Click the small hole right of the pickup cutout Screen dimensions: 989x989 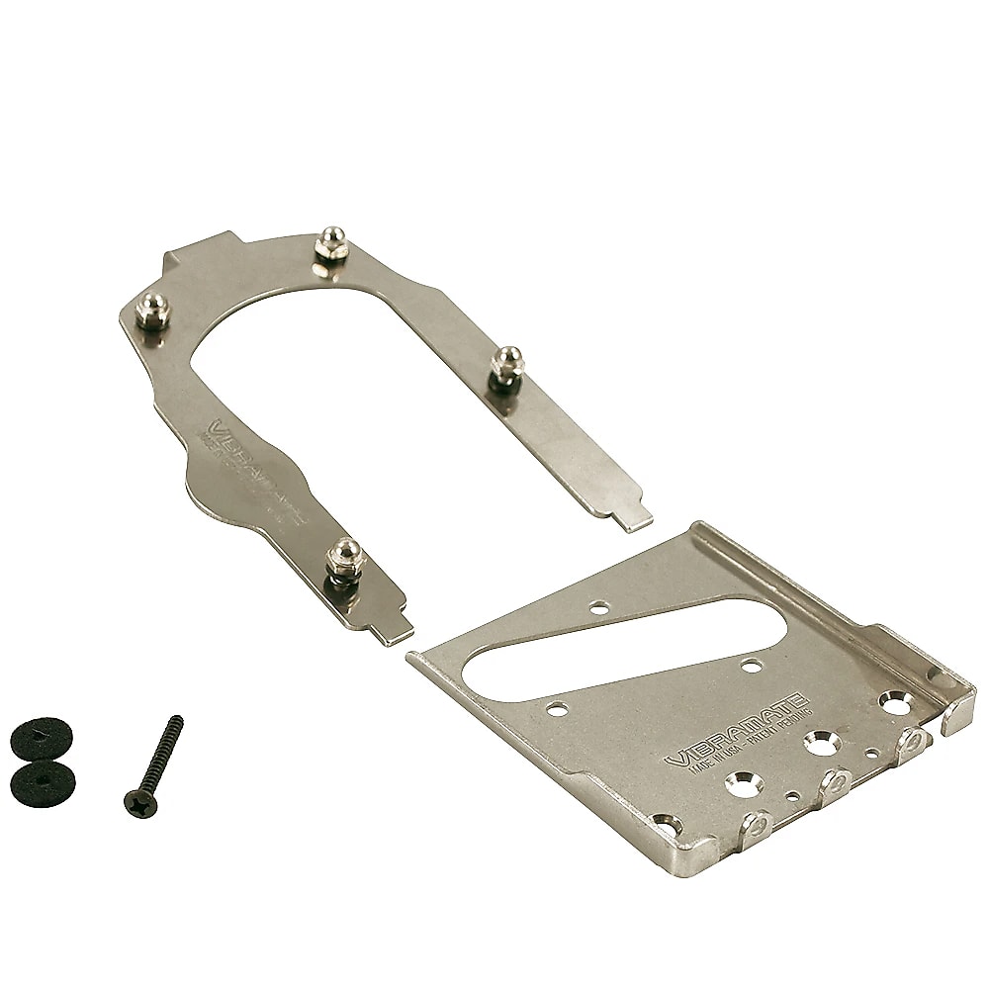point(754,666)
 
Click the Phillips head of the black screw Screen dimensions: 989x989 point(133,799)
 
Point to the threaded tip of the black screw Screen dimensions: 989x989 point(177,721)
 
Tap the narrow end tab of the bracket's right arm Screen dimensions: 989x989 point(635,517)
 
